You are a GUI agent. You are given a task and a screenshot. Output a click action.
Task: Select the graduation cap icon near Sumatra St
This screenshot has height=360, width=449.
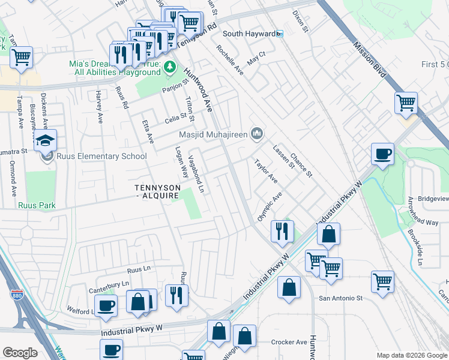pos(46,140)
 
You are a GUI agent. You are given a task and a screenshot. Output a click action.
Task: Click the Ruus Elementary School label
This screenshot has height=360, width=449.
pos(101,157)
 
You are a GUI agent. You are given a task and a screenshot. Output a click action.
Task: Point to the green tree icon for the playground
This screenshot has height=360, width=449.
pos(170,67)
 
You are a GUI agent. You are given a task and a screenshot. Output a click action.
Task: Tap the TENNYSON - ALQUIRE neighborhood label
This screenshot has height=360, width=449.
pos(157,191)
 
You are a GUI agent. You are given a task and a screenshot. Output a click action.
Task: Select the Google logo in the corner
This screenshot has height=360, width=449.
pos(20,353)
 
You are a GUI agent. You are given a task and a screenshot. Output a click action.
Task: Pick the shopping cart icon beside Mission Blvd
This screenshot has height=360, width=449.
pos(406,103)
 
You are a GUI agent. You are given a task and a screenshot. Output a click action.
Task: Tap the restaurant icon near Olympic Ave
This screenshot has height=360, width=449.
pos(282,230)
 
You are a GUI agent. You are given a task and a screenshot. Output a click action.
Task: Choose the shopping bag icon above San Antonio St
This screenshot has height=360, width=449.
pos(289,287)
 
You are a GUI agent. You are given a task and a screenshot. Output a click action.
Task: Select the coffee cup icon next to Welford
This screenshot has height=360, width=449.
pos(107,305)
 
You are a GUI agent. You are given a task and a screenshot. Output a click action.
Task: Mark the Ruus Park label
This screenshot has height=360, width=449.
pos(37,205)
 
